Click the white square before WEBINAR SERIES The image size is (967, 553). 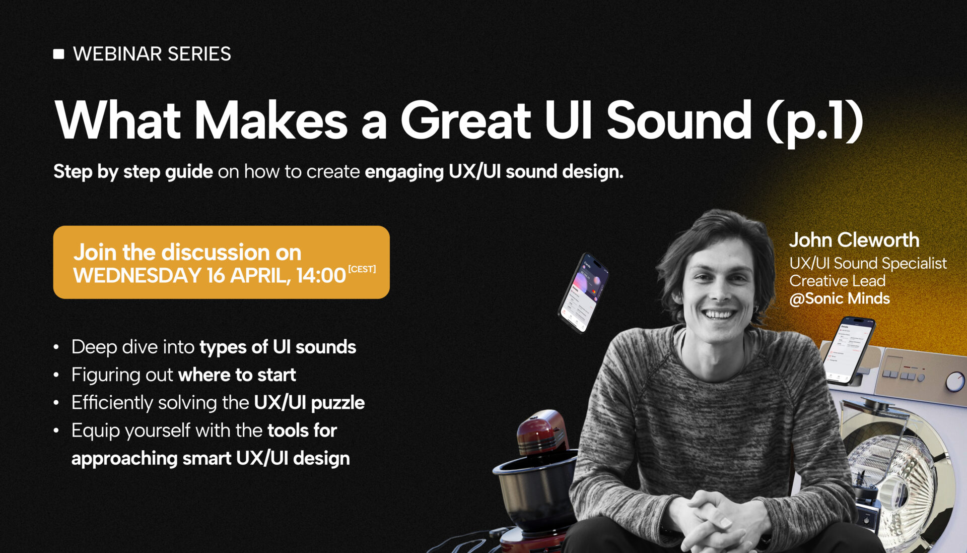pos(59,54)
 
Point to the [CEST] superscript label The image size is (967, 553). pos(362,269)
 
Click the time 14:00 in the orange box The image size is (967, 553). pos(321,276)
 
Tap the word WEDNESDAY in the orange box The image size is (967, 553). pos(137,276)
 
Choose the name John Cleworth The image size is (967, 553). pos(854,240)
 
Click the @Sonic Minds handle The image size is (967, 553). pos(840,298)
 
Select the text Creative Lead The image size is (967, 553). pos(837,281)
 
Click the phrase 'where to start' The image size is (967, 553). pos(237,375)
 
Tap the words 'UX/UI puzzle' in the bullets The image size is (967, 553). pos(309,403)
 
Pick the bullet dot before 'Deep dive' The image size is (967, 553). pos(56,347)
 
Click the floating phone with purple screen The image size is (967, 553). pos(584,293)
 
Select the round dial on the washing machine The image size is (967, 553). pos(955,382)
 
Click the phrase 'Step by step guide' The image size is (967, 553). pos(133,172)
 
